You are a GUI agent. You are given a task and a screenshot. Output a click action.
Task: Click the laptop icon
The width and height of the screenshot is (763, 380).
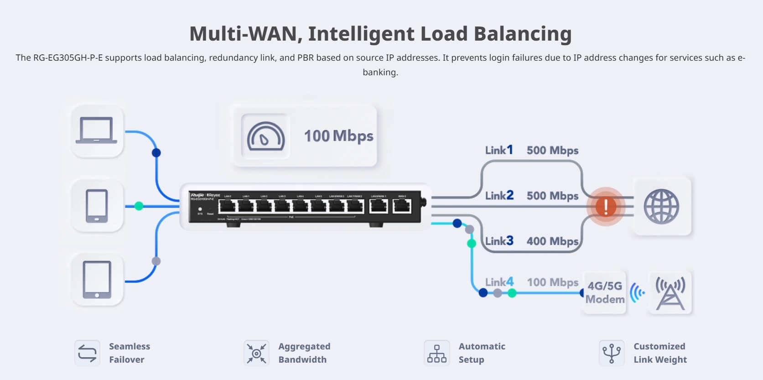click(x=97, y=131)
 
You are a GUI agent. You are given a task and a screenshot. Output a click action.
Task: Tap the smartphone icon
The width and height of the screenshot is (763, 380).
click(x=97, y=206)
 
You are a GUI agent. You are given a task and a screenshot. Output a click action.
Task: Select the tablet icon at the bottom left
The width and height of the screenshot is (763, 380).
click(x=97, y=280)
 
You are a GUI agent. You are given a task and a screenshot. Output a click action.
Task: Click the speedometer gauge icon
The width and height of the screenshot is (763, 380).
click(x=265, y=136)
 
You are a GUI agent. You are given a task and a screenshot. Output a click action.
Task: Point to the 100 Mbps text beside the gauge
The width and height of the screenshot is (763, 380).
click(x=338, y=136)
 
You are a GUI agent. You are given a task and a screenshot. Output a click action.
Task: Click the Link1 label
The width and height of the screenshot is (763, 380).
click(x=499, y=150)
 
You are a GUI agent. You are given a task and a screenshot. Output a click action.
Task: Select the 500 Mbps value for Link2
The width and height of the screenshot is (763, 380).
click(x=552, y=196)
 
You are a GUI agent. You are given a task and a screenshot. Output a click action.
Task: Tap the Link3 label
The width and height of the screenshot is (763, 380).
click(x=499, y=241)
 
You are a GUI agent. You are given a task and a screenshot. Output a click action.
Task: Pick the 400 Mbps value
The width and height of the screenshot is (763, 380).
click(x=552, y=241)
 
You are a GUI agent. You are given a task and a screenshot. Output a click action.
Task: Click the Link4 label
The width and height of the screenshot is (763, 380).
click(x=499, y=282)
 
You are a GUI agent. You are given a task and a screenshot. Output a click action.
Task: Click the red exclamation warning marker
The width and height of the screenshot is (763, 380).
click(x=606, y=207)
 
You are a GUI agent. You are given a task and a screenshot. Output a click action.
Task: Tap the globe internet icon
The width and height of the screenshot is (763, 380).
click(x=661, y=207)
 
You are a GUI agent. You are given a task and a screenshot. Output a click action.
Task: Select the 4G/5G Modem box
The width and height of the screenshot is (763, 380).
click(x=605, y=292)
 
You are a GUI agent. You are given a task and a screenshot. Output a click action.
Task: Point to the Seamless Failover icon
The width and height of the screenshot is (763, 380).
click(x=87, y=353)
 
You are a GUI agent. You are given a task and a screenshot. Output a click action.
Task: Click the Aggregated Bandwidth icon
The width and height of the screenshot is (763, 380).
click(x=256, y=353)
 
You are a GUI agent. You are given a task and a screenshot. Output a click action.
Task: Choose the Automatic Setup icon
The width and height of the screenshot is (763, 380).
click(x=436, y=353)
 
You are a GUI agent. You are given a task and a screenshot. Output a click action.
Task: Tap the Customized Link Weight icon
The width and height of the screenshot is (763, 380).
click(x=612, y=353)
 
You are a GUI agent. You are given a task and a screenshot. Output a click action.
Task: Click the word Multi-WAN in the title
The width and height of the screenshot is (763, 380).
click(x=244, y=34)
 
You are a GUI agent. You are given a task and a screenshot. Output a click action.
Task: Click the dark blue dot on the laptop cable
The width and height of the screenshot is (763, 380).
click(x=156, y=152)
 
